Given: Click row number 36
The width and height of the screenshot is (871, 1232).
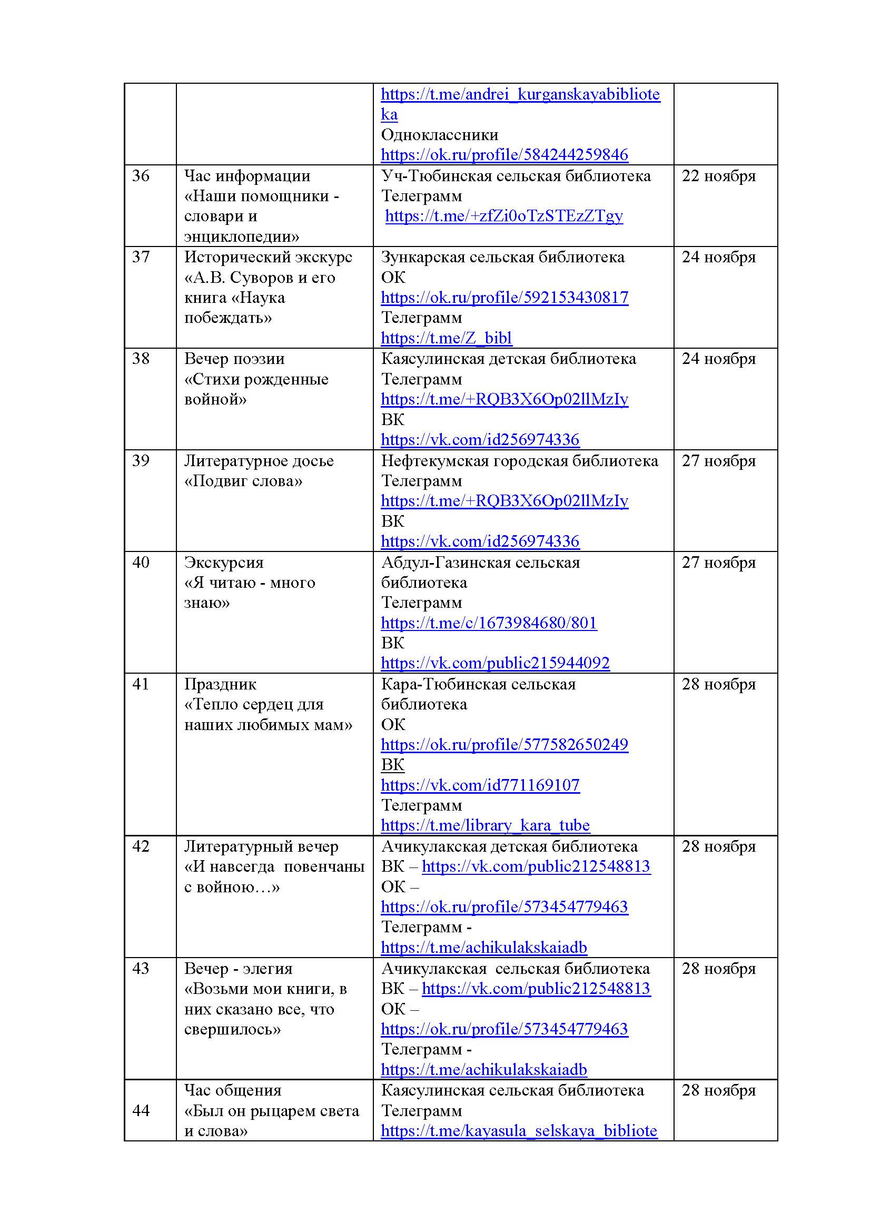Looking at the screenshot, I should point(141,176).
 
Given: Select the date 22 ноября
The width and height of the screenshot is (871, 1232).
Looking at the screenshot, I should point(718,176).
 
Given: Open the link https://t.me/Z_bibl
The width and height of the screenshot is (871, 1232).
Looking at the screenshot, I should point(446,338).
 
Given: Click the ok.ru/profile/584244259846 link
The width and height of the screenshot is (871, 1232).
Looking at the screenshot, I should point(504,155).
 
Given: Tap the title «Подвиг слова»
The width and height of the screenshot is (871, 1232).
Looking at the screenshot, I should point(243,481).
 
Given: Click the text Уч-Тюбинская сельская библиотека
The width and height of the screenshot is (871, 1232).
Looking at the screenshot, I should point(516,176).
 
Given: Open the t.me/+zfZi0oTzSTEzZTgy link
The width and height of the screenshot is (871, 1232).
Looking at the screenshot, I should point(504,216).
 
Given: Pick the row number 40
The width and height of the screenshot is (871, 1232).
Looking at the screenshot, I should point(141,563).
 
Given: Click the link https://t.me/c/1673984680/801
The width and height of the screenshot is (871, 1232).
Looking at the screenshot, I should point(489,623).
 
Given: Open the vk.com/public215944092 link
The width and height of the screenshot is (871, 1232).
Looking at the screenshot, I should point(495,663).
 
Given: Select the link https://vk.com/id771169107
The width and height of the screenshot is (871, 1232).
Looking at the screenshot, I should point(480,785).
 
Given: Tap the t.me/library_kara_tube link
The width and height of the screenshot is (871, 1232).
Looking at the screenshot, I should point(486,825).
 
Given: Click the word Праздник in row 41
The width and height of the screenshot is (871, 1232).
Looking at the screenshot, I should point(221,684).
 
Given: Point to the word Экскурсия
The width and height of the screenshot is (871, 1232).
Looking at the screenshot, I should point(224,563).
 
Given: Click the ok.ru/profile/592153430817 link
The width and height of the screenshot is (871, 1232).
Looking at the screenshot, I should point(504,298).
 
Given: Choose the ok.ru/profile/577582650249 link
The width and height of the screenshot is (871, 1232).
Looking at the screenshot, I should point(504,745).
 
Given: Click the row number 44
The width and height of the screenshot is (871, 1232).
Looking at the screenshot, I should point(141,1111).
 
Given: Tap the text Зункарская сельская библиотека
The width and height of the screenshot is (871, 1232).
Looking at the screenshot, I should point(502,257).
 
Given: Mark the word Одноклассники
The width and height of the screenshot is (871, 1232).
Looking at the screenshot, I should point(440,135).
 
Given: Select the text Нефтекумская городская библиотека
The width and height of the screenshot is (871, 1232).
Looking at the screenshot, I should point(519,461).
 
